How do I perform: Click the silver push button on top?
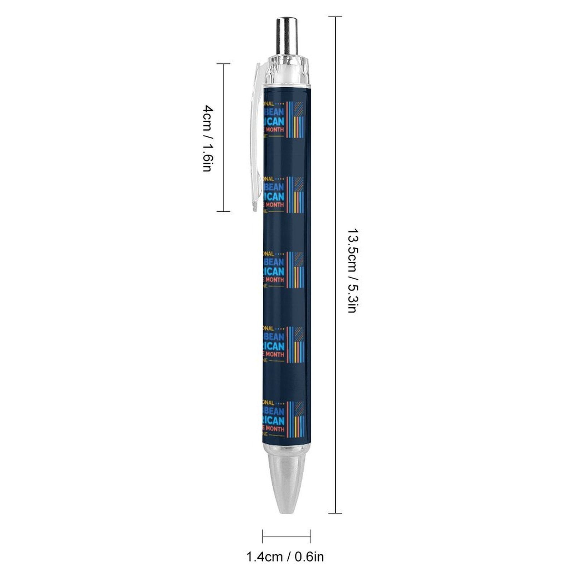coord(286,36)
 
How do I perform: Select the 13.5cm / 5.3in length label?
coord(353,271)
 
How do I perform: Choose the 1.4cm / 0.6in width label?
coord(285,557)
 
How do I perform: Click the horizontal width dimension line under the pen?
coord(286,536)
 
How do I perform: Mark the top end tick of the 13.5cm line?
coord(335,17)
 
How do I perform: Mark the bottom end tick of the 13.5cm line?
coord(335,513)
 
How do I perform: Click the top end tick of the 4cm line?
coord(223,64)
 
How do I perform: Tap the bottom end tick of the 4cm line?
coord(223,211)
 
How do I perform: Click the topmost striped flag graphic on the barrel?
coord(295,119)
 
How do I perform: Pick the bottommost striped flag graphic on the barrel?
coord(295,419)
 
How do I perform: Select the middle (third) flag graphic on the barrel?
coord(295,270)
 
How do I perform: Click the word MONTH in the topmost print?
coord(275,130)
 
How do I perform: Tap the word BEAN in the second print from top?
coord(276,187)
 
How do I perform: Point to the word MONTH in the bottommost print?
coord(275,429)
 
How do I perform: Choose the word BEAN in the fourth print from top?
coord(276,337)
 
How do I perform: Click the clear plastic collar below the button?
coord(286,72)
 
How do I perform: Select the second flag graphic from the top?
coord(295,194)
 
